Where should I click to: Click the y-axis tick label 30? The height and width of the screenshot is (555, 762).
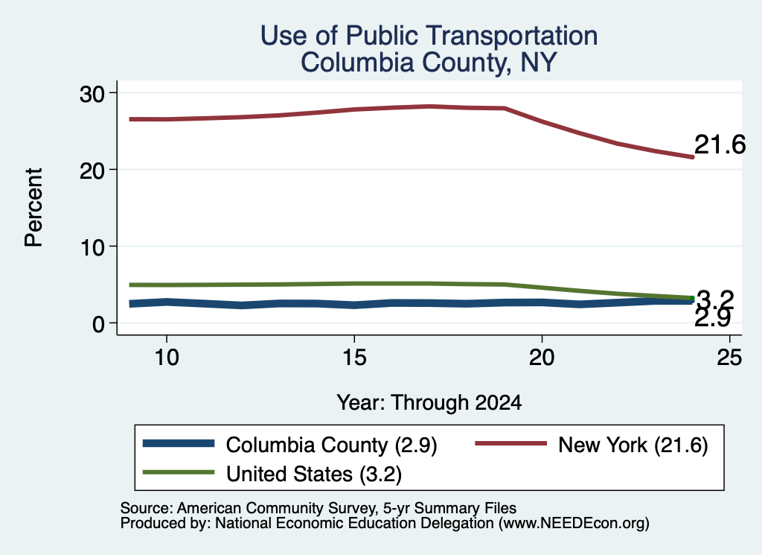point(92,93)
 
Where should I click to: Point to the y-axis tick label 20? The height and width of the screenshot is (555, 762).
point(92,171)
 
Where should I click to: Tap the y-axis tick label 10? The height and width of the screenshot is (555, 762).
point(92,247)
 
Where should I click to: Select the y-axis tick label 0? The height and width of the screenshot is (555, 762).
point(99,324)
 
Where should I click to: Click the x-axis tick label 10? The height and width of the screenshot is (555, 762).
point(167,358)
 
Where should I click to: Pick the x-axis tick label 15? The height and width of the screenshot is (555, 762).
point(354,358)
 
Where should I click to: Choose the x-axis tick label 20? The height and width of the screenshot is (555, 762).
point(542,358)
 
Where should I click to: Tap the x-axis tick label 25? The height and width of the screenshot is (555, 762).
point(729,358)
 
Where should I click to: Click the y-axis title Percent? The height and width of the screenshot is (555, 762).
point(34,208)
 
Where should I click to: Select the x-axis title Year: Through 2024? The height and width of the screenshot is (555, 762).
point(429,403)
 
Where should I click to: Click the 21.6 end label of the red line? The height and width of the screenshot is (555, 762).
point(720,145)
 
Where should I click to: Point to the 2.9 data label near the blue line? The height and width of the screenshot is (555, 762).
point(713,319)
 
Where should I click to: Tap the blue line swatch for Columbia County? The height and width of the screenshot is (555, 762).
point(179,443)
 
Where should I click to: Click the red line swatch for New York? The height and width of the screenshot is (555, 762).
point(510,443)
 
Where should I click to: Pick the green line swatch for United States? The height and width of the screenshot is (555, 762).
point(179,472)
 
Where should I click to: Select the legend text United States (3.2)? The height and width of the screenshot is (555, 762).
point(314,475)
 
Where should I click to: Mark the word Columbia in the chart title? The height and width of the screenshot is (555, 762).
point(356,63)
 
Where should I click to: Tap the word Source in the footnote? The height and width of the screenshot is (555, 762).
point(145,508)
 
